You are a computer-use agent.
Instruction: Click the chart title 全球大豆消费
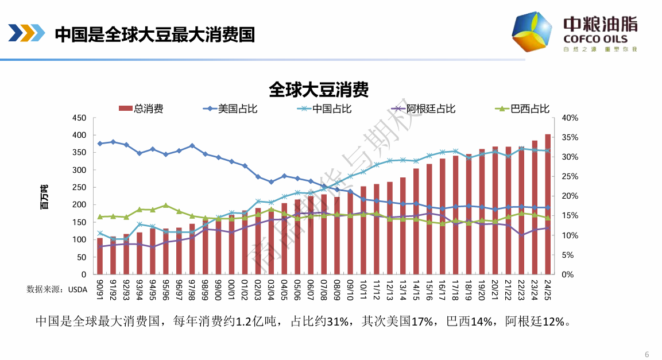318,90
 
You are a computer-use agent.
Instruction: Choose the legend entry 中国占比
332,108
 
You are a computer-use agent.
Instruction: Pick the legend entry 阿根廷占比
431,108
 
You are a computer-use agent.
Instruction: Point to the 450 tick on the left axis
78,118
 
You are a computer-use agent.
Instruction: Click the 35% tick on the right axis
570,137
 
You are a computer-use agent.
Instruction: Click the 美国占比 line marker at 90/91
100,144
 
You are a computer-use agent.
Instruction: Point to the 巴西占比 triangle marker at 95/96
165,205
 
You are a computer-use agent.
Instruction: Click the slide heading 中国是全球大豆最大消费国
154,34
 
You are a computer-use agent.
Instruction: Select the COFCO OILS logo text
595,39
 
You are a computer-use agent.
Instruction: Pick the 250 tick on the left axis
78,187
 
